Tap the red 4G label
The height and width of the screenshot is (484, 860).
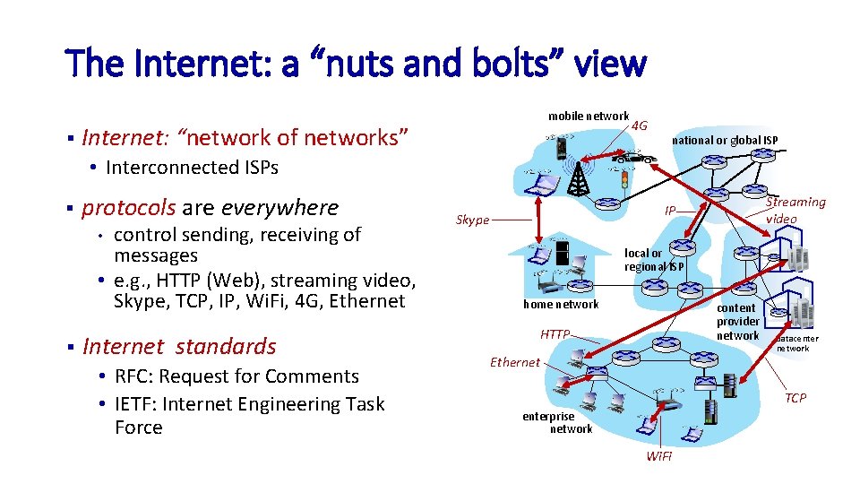coord(639,125)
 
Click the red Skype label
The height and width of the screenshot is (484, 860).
coord(472,220)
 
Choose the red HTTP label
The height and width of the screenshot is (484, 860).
coord(555,334)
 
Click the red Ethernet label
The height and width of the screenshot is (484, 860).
coord(515,362)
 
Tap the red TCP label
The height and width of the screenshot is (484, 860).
coord(795,398)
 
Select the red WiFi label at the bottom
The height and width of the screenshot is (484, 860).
coord(659,457)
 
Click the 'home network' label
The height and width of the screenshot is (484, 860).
coord(561,305)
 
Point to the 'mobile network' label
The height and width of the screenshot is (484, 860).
coord(589,116)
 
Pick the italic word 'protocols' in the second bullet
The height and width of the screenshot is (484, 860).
coord(128,208)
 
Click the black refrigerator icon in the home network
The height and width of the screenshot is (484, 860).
coord(563,253)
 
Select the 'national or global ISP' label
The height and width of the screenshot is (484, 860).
coord(725,140)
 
